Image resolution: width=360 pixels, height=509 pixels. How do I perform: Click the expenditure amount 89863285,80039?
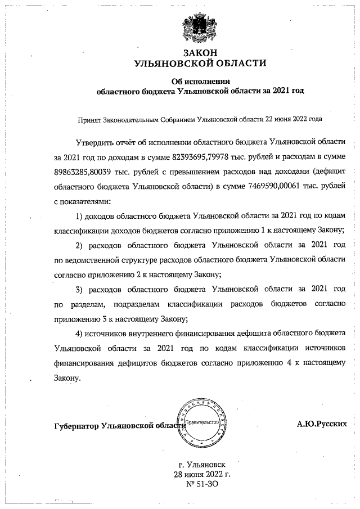coord(83,169)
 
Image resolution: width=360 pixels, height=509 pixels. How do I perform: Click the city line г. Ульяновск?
coord(202,466)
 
